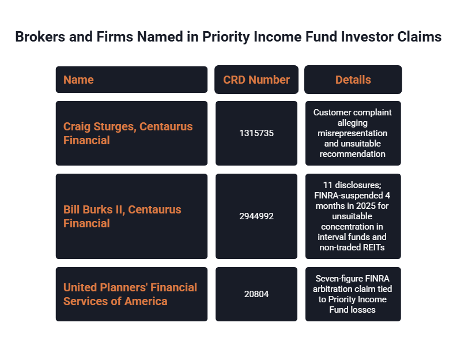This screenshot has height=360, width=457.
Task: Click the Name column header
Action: click(x=78, y=80)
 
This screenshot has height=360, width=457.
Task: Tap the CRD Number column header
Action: click(x=256, y=80)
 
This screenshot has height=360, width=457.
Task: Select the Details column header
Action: click(x=353, y=80)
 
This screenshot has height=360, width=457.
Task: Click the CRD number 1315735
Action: click(x=256, y=133)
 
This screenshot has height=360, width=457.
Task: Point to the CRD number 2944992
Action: click(x=256, y=216)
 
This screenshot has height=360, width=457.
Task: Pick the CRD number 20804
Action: click(x=256, y=294)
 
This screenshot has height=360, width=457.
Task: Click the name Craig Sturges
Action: click(x=100, y=127)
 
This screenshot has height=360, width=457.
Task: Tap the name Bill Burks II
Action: click(x=94, y=209)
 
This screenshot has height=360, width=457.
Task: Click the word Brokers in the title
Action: click(x=40, y=37)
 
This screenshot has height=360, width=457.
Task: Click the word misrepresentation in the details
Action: click(x=352, y=133)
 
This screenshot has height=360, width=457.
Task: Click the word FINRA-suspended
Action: click(x=349, y=195)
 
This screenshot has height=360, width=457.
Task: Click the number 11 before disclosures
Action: click(x=327, y=185)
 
